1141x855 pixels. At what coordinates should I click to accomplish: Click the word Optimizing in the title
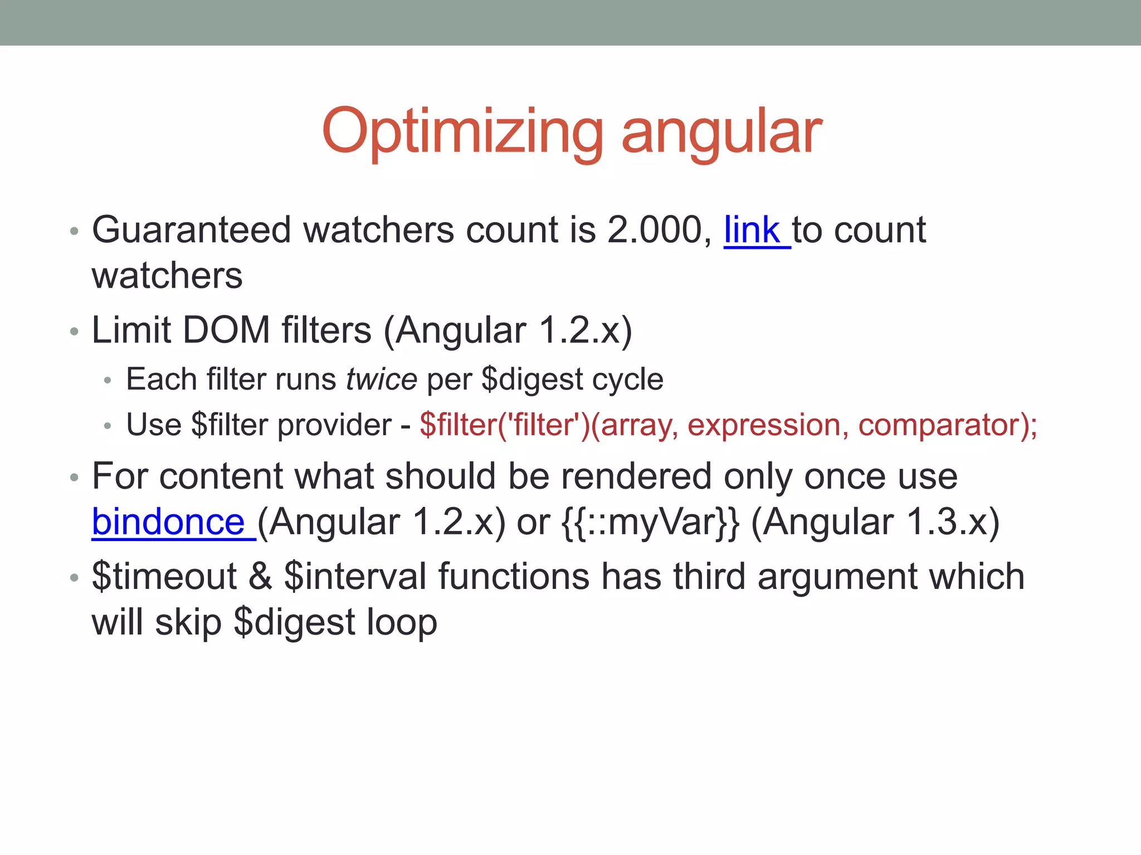pos(462,132)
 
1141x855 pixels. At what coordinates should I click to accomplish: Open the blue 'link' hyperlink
pos(752,230)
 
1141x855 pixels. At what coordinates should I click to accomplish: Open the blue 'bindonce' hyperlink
pos(168,522)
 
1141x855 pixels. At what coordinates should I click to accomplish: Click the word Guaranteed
pos(191,230)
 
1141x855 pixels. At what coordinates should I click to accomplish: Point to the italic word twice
pos(381,380)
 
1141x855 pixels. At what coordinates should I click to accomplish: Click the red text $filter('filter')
pos(504,425)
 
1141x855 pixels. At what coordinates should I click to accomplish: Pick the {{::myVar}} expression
pos(650,522)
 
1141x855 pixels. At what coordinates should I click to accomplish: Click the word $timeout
pos(164,576)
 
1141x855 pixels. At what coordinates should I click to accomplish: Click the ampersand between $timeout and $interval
pos(260,576)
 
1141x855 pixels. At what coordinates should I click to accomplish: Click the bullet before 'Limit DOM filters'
pos(74,332)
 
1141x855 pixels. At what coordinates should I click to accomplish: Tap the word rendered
pos(636,476)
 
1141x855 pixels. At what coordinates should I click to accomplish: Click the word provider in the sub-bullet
pos(334,425)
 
